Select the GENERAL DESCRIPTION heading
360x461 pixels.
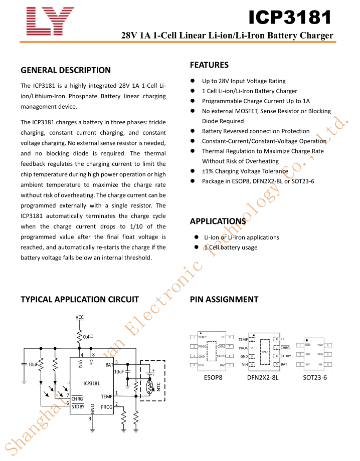(x=66, y=70)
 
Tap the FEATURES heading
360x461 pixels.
(x=209, y=65)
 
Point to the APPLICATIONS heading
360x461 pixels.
(x=218, y=221)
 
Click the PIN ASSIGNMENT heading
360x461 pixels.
(x=224, y=300)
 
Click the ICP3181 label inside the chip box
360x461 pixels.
(x=91, y=383)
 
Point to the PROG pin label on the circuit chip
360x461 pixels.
(x=106, y=407)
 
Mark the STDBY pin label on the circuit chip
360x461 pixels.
(x=78, y=407)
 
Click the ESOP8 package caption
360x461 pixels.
(x=213, y=377)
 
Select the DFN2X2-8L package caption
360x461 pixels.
(x=263, y=377)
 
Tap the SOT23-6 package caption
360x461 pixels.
(x=315, y=377)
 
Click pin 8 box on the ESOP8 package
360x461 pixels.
(x=230, y=337)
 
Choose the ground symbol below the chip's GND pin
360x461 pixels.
(x=91, y=430)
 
